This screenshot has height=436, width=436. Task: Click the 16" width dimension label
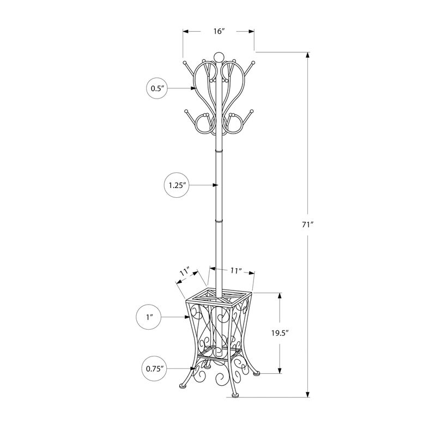click(x=219, y=32)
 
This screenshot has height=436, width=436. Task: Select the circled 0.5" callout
click(x=158, y=88)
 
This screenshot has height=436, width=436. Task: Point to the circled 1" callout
click(x=149, y=316)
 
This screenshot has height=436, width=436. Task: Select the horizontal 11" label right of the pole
click(x=235, y=270)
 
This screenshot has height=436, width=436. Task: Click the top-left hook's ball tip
click(x=185, y=63)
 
